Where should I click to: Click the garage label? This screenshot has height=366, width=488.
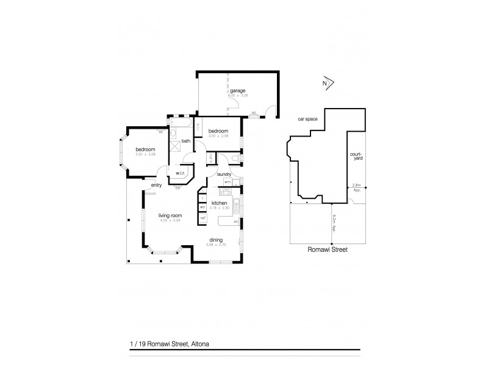click(238, 91)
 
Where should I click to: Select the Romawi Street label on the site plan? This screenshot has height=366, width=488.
click(328, 249)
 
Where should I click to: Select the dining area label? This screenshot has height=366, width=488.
click(215, 240)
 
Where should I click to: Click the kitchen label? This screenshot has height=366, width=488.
click(220, 203)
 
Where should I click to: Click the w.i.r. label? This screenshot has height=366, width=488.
click(181, 173)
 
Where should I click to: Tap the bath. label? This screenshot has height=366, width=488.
click(185, 142)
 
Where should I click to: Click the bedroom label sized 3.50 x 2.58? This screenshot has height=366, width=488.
click(218, 131)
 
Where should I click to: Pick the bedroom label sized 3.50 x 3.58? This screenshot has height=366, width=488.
click(145, 149)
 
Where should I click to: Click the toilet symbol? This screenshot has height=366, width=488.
click(237, 160)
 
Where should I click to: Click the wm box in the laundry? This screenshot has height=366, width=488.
click(227, 181)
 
